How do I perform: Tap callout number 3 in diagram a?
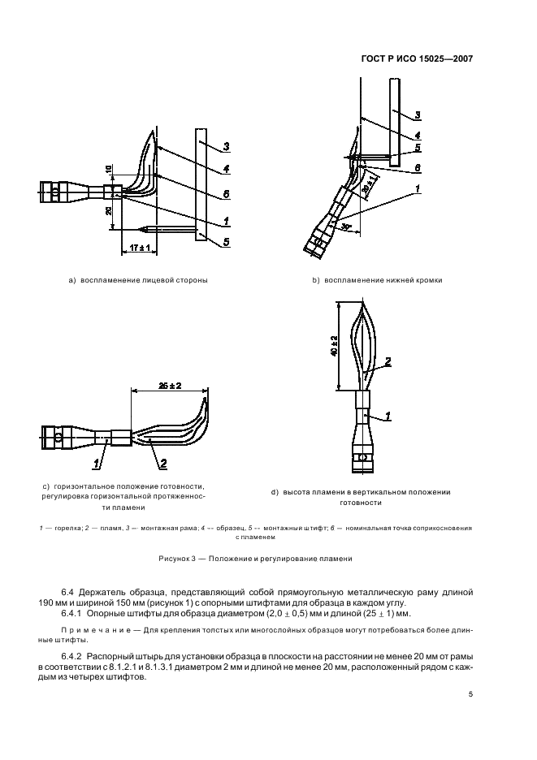tap(227, 146)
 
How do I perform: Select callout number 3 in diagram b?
tap(417, 114)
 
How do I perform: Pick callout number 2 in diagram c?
tap(163, 464)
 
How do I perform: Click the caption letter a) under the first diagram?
tap(72, 280)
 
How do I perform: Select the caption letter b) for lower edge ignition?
tap(316, 280)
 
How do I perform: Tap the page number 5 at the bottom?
tap(470, 693)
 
